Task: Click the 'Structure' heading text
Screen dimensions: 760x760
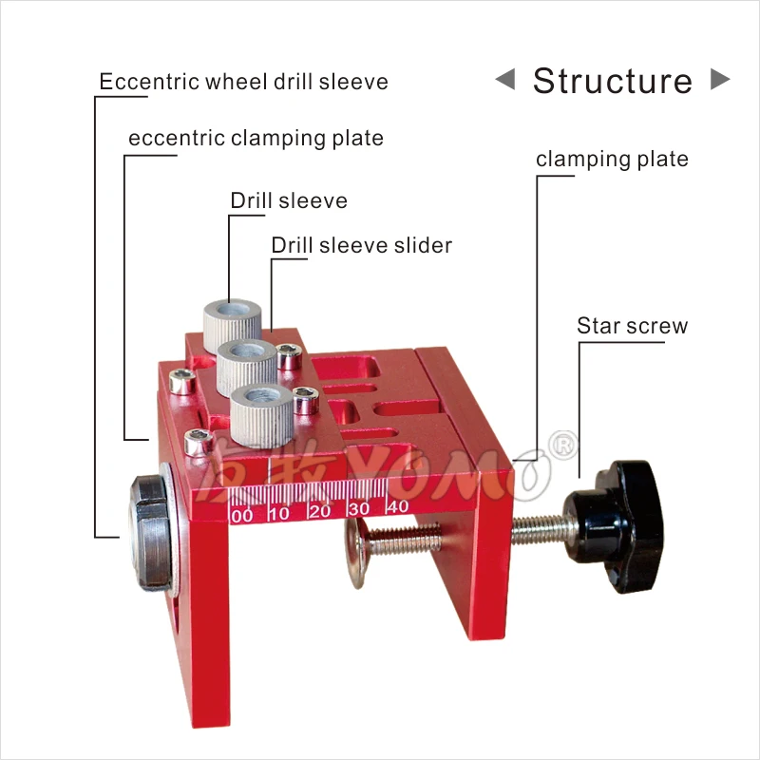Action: (x=612, y=81)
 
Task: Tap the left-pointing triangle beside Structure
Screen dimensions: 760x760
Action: (x=505, y=80)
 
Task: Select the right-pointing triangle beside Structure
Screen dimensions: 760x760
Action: (x=720, y=80)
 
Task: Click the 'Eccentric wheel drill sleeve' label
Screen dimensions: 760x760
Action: (x=244, y=82)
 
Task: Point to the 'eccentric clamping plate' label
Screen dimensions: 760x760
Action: (x=256, y=139)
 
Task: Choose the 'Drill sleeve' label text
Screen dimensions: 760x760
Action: (x=289, y=201)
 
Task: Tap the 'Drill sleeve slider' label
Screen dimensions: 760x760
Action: (x=361, y=245)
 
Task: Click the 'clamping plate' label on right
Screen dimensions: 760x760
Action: (x=612, y=160)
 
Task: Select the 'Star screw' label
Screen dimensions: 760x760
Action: (x=632, y=327)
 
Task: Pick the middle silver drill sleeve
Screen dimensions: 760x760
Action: (x=246, y=360)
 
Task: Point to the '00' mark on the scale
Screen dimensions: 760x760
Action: (x=241, y=514)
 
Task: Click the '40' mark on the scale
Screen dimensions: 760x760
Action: (x=397, y=507)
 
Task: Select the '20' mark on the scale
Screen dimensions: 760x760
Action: (x=319, y=511)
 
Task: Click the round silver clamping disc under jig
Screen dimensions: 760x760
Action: (x=359, y=557)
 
